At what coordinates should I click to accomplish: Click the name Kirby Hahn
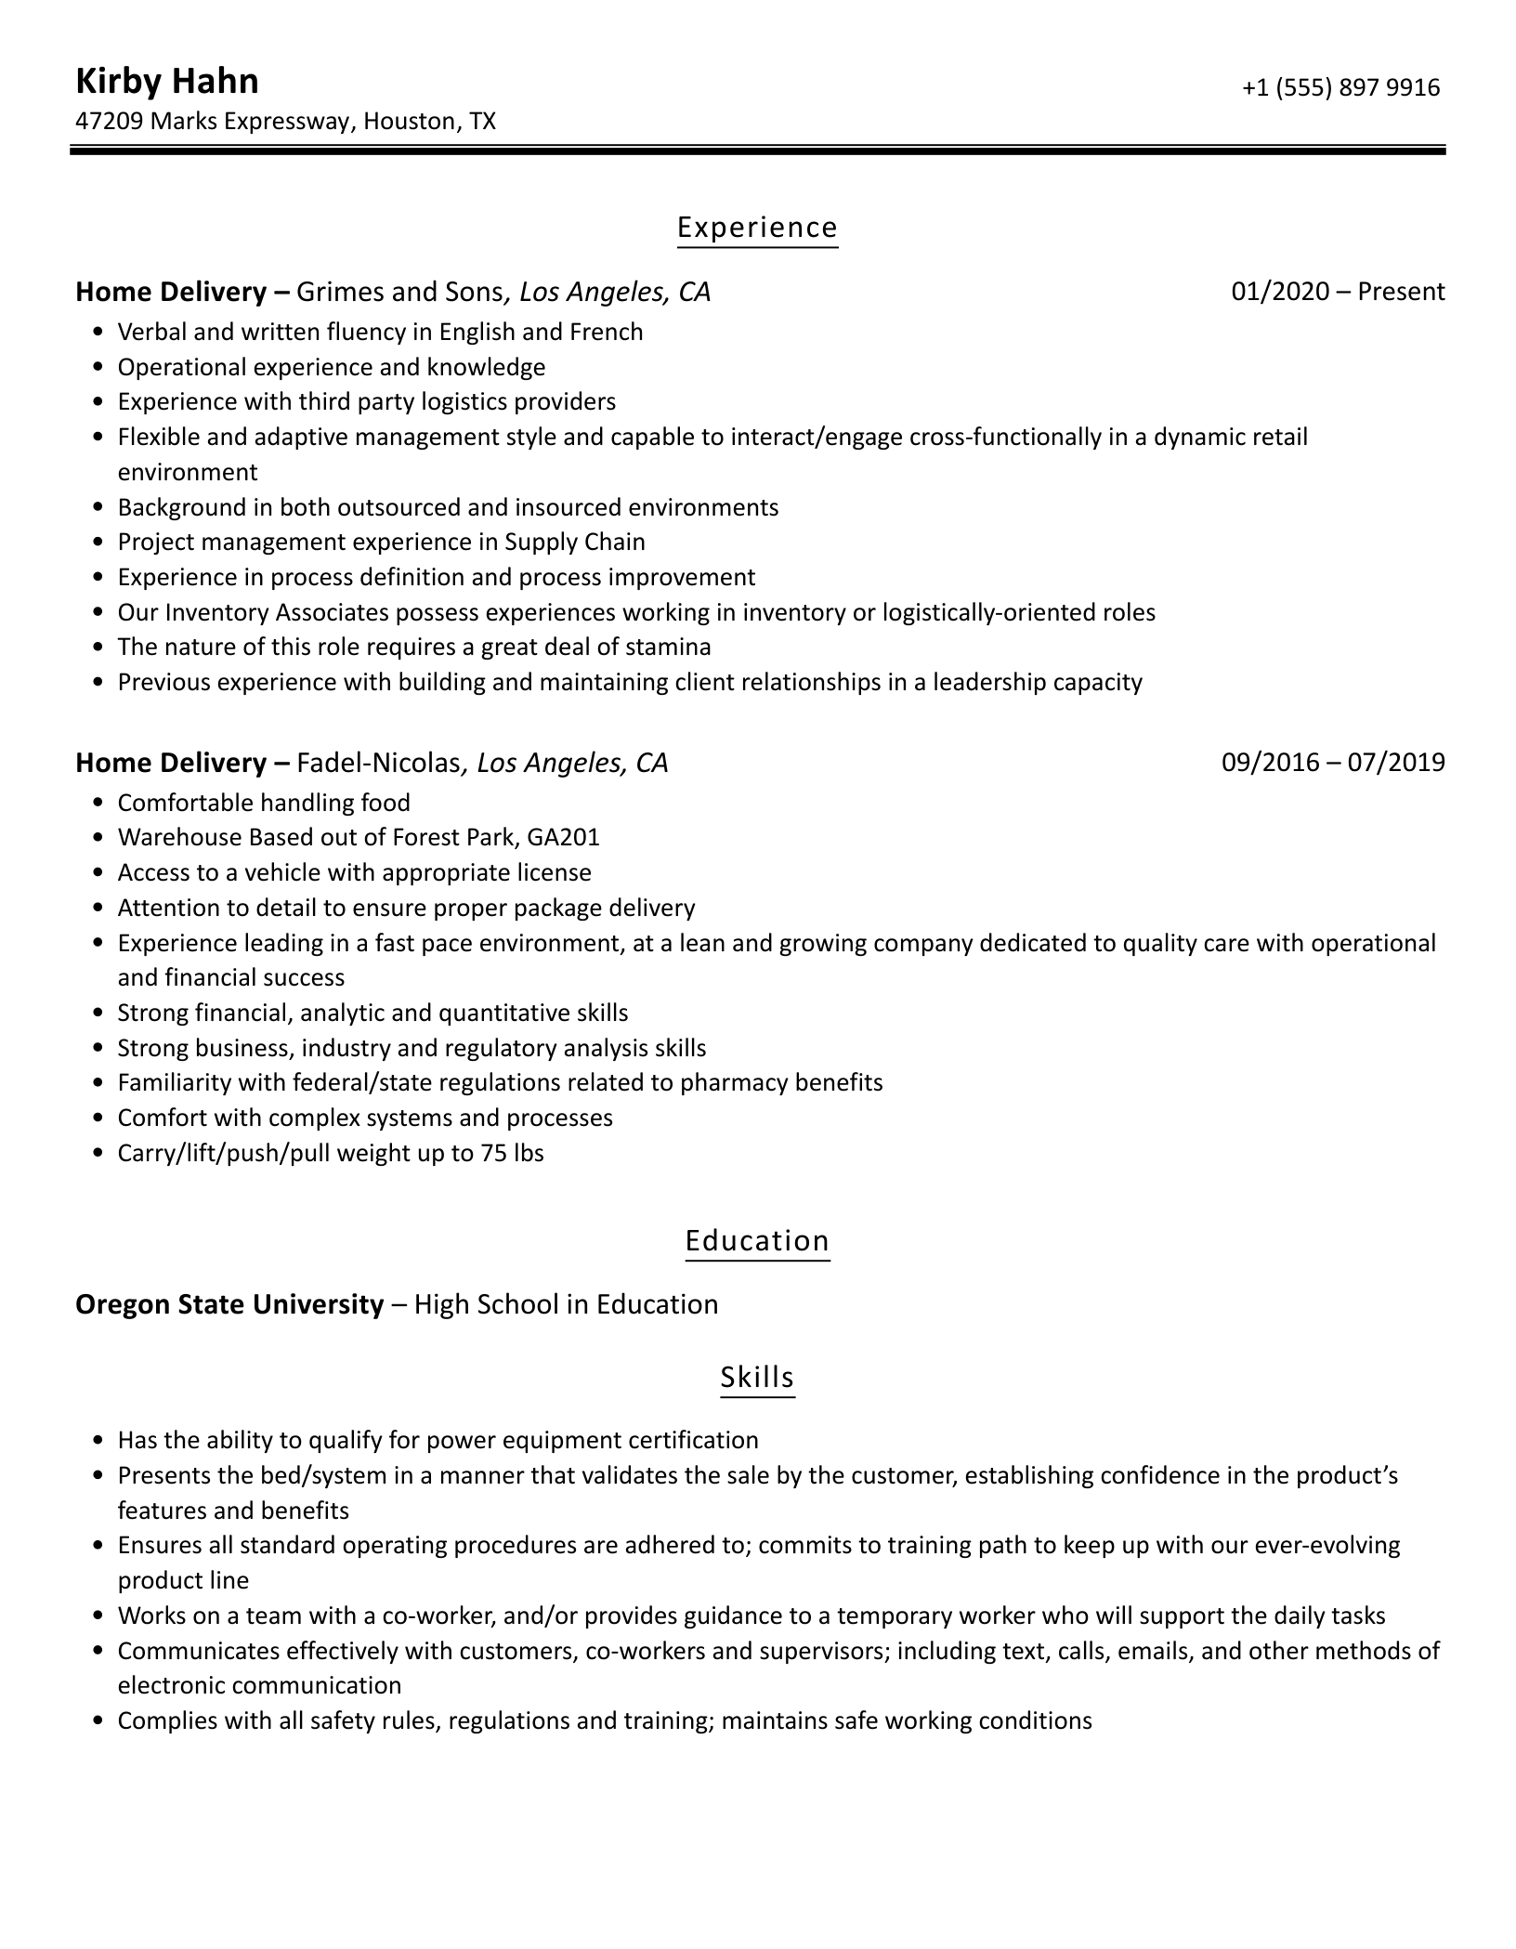tap(166, 82)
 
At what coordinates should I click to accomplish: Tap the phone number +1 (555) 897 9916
tap(1340, 87)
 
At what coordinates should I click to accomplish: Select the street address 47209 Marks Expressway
tap(213, 122)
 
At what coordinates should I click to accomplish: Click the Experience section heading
tap(757, 228)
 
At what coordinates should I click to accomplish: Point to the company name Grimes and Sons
tap(399, 293)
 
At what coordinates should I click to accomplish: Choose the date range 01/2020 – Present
tap(1338, 293)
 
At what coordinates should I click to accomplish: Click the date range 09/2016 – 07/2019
tap(1333, 763)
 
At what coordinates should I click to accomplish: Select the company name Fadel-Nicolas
tap(378, 763)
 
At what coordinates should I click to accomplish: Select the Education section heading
tap(757, 1241)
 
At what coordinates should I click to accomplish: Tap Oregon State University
tap(229, 1305)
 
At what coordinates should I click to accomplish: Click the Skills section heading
tap(757, 1377)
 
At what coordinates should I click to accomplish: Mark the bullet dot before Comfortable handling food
tap(99, 804)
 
